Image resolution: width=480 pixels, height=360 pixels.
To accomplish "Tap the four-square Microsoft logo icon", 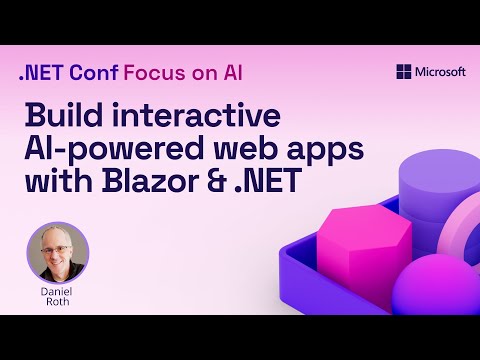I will click(404, 72).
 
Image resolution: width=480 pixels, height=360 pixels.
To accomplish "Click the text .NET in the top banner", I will click(39, 73).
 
